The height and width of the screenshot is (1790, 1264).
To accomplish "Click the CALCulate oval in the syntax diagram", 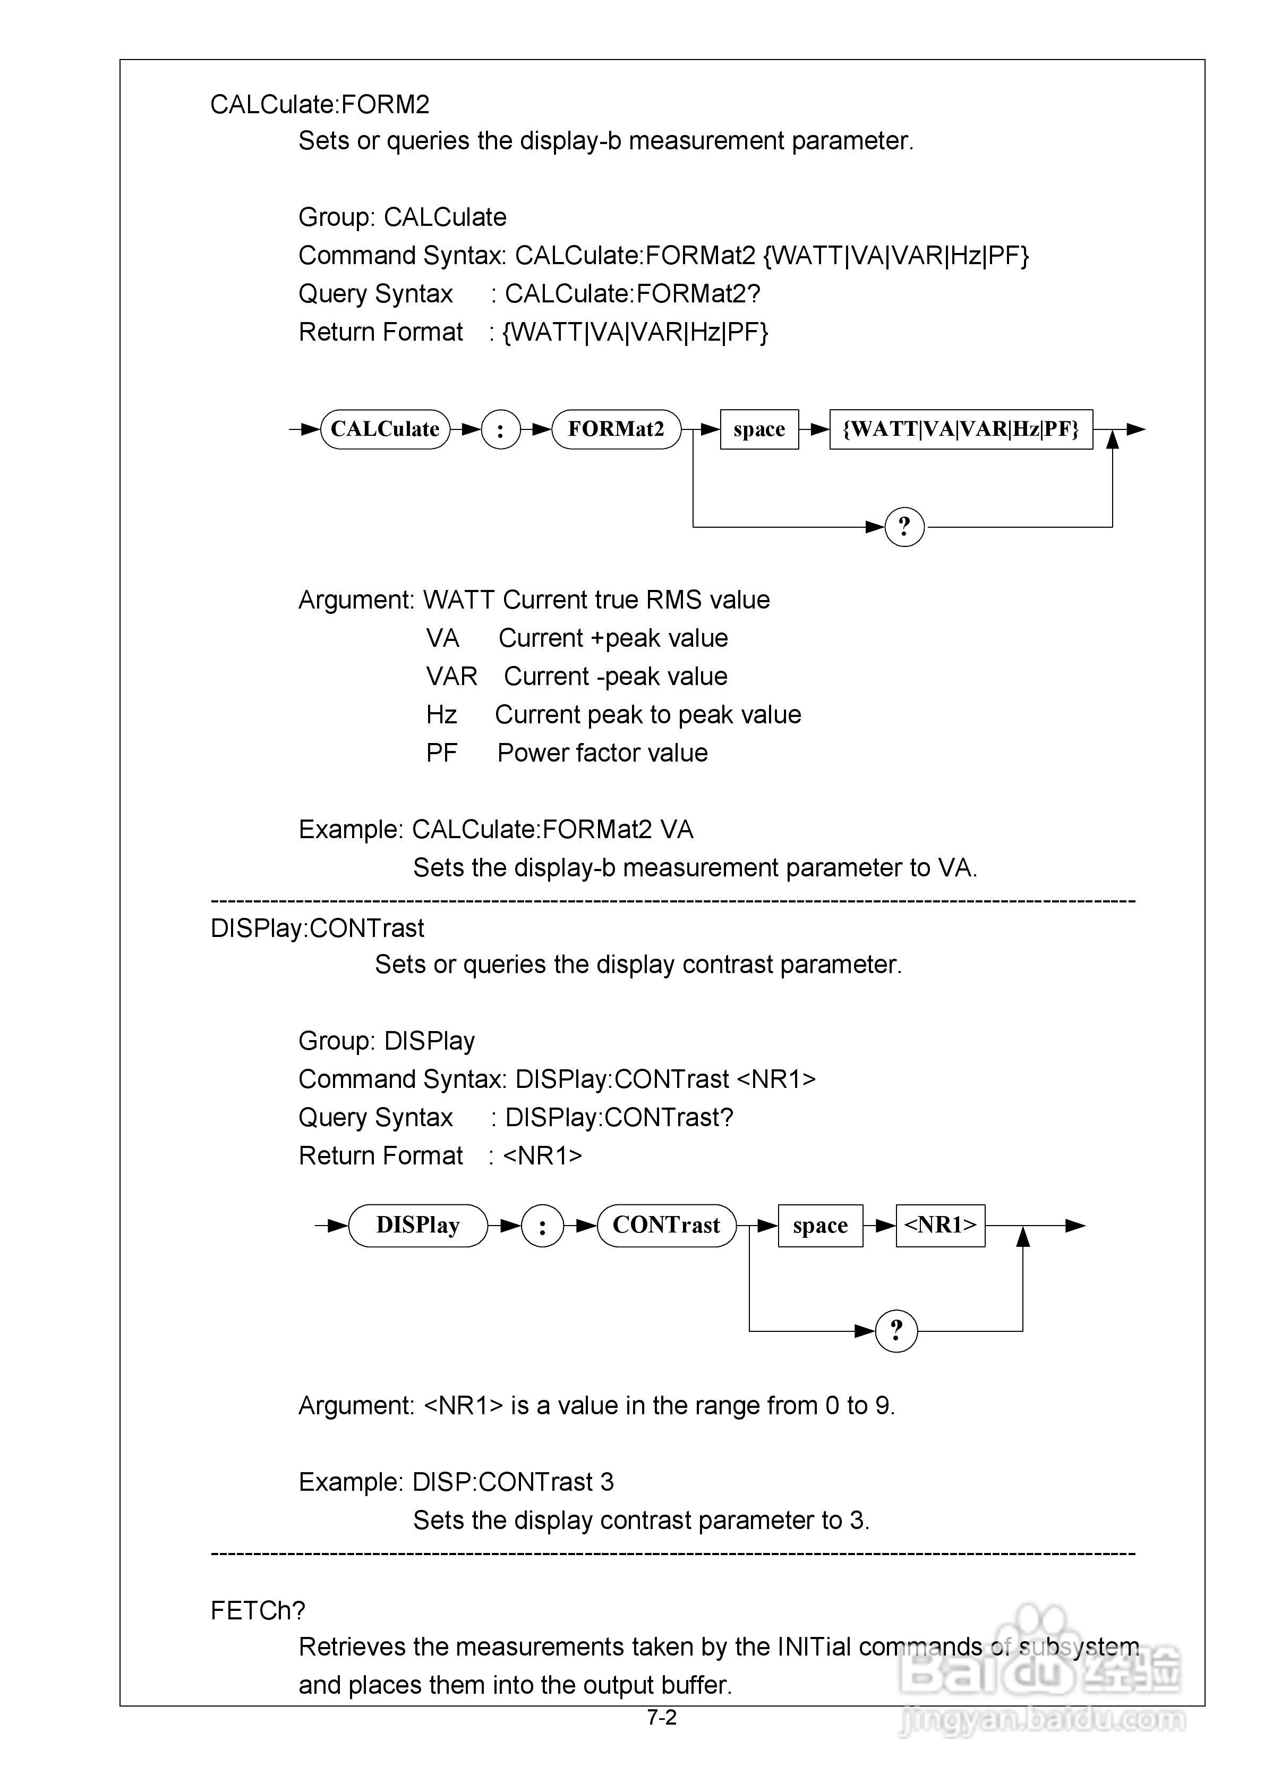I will coord(385,429).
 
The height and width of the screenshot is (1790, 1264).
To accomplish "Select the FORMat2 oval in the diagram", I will coord(616,429).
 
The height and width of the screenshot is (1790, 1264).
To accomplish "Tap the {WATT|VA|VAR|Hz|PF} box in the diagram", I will coord(960,429).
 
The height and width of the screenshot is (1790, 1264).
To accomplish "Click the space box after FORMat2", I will coord(759,429).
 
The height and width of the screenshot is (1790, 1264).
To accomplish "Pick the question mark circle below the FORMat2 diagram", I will coord(904,527).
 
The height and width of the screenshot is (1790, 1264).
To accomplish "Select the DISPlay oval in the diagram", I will coord(417,1226).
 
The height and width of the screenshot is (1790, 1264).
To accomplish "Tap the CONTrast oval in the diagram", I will coord(667,1226).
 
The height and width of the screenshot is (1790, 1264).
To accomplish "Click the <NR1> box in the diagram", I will coord(940,1226).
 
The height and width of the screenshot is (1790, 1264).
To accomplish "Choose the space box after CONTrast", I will coord(820,1226).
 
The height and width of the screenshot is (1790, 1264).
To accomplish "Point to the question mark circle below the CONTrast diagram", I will coord(896,1330).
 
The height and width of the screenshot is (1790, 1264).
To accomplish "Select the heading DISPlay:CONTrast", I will coord(317,928).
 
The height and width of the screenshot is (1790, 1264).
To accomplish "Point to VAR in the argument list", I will coord(451,676).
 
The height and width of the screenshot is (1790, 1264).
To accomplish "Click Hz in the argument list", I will coord(441,714).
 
